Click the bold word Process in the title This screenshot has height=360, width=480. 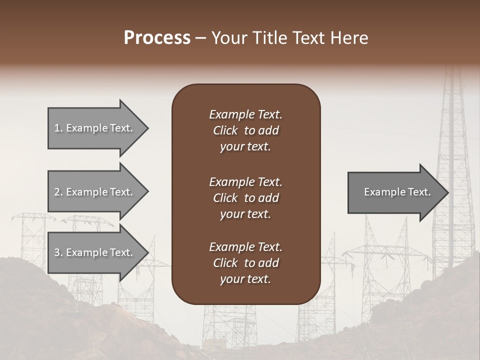tap(157, 37)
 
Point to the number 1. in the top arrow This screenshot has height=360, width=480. tap(58, 128)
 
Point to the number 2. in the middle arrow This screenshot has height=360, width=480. tap(58, 192)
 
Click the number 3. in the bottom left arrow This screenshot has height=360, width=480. tap(58, 252)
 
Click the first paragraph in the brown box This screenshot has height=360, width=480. tap(245, 130)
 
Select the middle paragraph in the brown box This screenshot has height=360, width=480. tap(245, 198)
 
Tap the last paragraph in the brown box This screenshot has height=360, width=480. tap(245, 263)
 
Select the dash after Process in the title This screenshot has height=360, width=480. tap(200, 38)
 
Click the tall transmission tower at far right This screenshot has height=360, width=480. tap(452, 165)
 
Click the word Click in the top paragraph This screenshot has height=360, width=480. tap(225, 130)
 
